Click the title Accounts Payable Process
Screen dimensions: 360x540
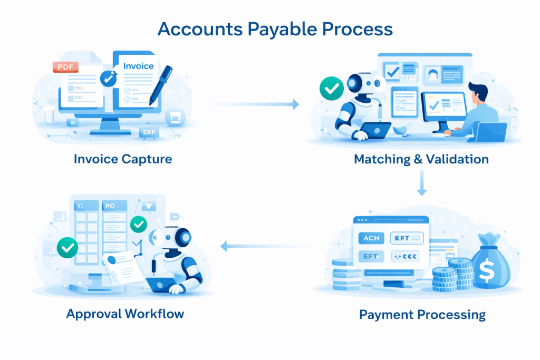pos(275,28)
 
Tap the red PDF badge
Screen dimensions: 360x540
pos(65,67)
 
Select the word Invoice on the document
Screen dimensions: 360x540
pos(138,66)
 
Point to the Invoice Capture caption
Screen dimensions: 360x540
pos(123,159)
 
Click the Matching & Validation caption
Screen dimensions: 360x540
pos(421,159)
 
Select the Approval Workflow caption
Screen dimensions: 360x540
pos(125,314)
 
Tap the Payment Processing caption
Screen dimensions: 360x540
pos(422,315)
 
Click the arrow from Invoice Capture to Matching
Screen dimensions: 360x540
pos(253,104)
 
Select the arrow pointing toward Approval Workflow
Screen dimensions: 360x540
pos(264,245)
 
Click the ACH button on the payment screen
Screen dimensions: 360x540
pos(371,238)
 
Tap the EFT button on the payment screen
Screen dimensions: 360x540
pos(371,257)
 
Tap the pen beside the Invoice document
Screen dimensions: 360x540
pos(161,84)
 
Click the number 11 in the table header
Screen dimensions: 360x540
pos(80,206)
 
